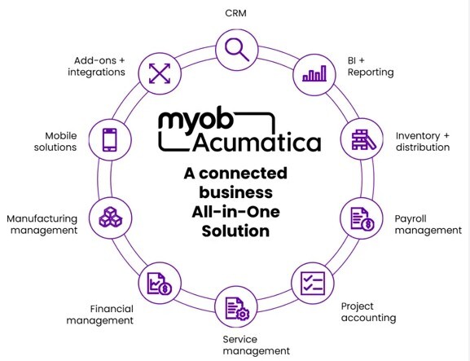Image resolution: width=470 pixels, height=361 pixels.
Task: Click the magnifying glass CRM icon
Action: tap(236, 49)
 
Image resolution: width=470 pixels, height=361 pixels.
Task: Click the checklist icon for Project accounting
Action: tap(313, 284)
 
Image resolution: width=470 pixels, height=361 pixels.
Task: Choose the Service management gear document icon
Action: tap(236, 308)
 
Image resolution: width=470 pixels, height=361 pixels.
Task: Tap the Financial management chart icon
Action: tap(159, 284)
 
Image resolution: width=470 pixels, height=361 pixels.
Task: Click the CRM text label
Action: tap(237, 13)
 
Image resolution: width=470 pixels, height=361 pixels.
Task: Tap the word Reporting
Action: tap(371, 73)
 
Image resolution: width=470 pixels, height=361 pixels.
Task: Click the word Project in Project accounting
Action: tap(358, 306)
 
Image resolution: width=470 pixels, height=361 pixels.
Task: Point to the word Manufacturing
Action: tap(42, 218)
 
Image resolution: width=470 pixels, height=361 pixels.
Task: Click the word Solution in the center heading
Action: tap(236, 231)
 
